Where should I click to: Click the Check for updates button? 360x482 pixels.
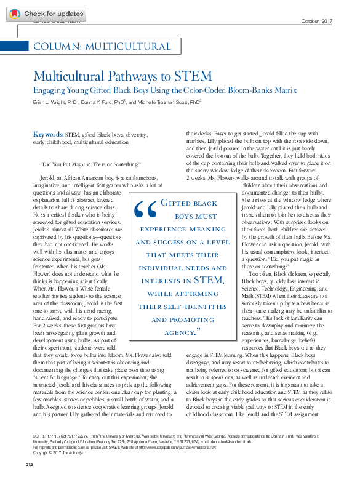46,14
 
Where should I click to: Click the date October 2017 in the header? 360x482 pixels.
317,22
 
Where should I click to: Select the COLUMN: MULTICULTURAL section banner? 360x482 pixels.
102,47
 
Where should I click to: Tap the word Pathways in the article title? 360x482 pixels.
126,77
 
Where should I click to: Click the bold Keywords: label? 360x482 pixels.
47,133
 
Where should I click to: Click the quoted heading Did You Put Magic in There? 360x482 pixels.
90,164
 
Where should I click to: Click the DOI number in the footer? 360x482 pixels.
58,435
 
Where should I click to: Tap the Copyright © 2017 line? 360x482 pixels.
51,452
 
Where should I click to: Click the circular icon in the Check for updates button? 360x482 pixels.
14,14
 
